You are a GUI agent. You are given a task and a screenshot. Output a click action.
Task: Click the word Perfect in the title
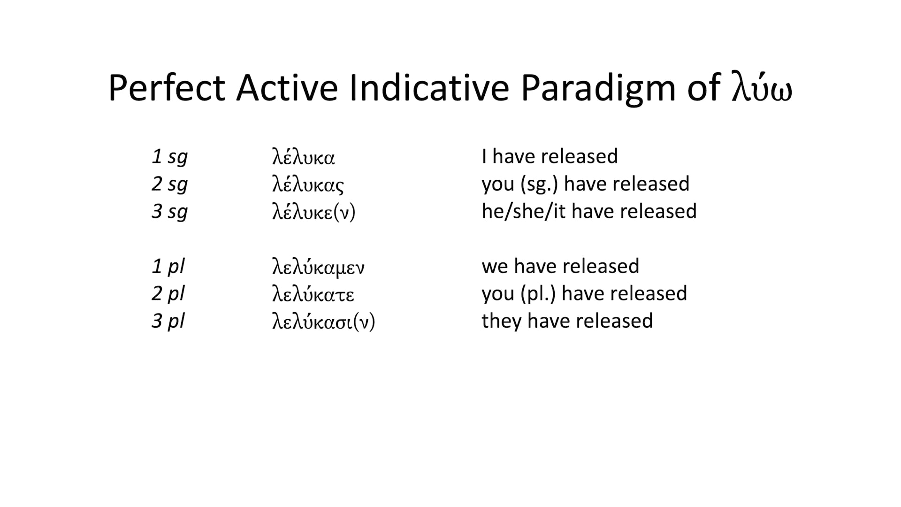coord(167,88)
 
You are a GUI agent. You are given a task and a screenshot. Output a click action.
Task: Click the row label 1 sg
coord(169,157)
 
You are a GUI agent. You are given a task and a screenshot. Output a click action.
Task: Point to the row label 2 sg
coord(169,184)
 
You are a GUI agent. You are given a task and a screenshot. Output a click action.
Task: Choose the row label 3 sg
coord(169,212)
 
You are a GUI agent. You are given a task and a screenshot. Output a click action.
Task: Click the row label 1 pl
coord(168,267)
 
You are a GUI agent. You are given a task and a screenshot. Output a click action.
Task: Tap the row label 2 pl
coord(168,294)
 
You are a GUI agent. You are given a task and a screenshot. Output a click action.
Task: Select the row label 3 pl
coord(168,322)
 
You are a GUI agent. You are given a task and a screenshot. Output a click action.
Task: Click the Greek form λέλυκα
coord(303,157)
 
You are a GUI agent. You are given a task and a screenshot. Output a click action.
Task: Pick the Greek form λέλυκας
coord(308,184)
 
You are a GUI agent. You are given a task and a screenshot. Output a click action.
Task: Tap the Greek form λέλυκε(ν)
coord(313,212)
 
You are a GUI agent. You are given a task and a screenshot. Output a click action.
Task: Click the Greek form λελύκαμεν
coord(318,267)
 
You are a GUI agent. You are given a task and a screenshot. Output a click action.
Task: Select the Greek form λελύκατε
coord(313,294)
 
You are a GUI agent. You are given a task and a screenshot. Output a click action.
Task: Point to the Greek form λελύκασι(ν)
coord(323,322)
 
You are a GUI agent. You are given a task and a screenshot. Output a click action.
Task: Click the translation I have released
coord(550,157)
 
